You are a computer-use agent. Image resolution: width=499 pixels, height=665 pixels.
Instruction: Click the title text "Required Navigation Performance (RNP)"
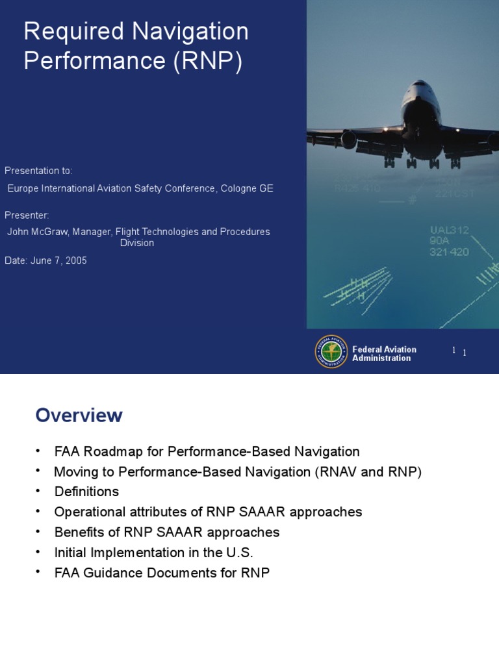(x=136, y=45)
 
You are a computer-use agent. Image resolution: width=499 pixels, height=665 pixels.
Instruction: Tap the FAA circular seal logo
(x=331, y=352)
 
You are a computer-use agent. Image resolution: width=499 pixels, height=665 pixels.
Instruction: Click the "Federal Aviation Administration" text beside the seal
(x=384, y=354)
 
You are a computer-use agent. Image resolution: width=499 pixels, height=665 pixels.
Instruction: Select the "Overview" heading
(x=79, y=415)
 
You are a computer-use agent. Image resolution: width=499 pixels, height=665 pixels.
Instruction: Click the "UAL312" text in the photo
(x=449, y=230)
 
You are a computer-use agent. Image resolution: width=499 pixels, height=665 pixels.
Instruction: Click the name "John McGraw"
(x=34, y=232)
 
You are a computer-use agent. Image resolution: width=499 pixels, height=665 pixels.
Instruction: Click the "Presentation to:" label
(x=38, y=171)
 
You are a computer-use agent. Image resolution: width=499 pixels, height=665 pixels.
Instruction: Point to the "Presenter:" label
(x=27, y=215)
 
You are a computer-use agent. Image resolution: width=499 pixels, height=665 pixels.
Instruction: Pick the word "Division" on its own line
(x=137, y=243)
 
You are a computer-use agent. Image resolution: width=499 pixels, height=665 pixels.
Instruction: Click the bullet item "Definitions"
(x=86, y=492)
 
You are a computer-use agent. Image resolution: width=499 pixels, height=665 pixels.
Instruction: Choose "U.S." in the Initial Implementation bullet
(x=237, y=553)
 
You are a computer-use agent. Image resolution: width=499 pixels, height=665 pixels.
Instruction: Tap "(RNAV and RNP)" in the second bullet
(x=368, y=471)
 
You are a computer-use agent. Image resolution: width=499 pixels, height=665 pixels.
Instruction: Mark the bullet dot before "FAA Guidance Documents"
(x=38, y=571)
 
